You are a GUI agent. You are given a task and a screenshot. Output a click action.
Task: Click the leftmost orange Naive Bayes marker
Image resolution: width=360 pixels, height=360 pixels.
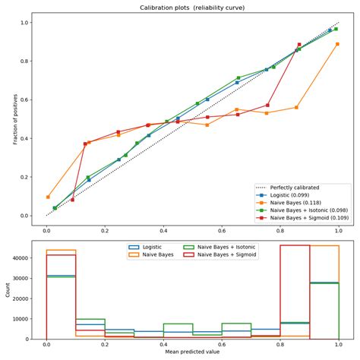pyautogui.click(x=48, y=197)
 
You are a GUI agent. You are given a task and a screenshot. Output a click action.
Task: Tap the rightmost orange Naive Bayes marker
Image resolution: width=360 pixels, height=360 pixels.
pyautogui.click(x=337, y=44)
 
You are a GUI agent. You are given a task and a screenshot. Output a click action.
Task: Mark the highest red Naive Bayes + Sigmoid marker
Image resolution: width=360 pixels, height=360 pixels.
pyautogui.click(x=299, y=45)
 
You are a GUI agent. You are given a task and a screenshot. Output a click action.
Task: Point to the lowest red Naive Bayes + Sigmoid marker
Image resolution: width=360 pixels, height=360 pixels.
pyautogui.click(x=72, y=200)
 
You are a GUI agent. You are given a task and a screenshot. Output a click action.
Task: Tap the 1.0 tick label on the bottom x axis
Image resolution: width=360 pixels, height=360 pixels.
pyautogui.click(x=337, y=345)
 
